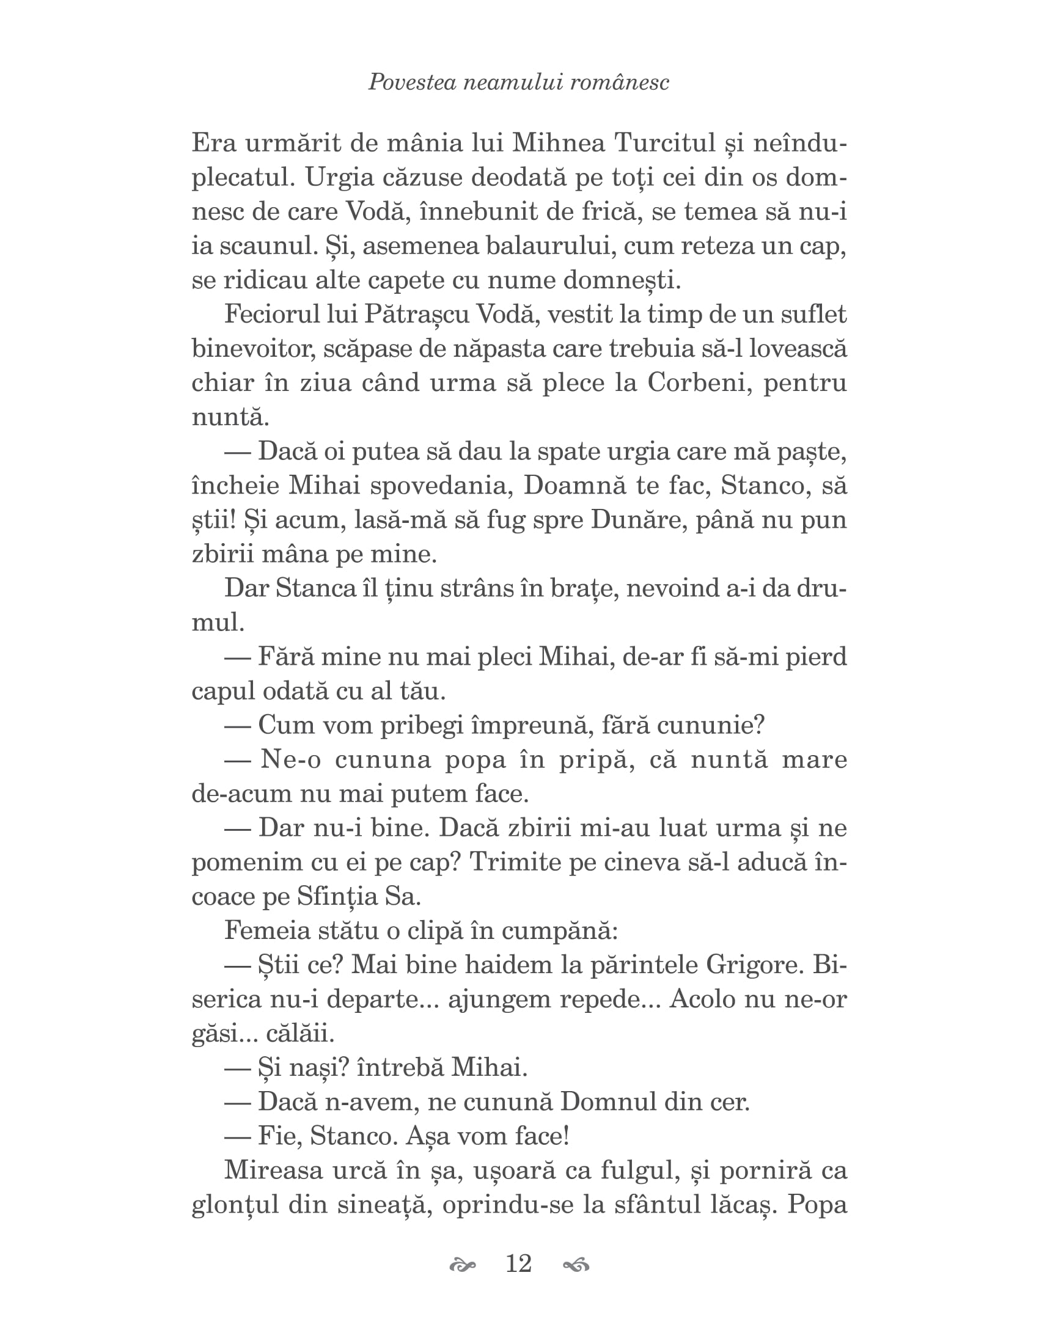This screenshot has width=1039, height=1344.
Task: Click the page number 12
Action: [518, 1263]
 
